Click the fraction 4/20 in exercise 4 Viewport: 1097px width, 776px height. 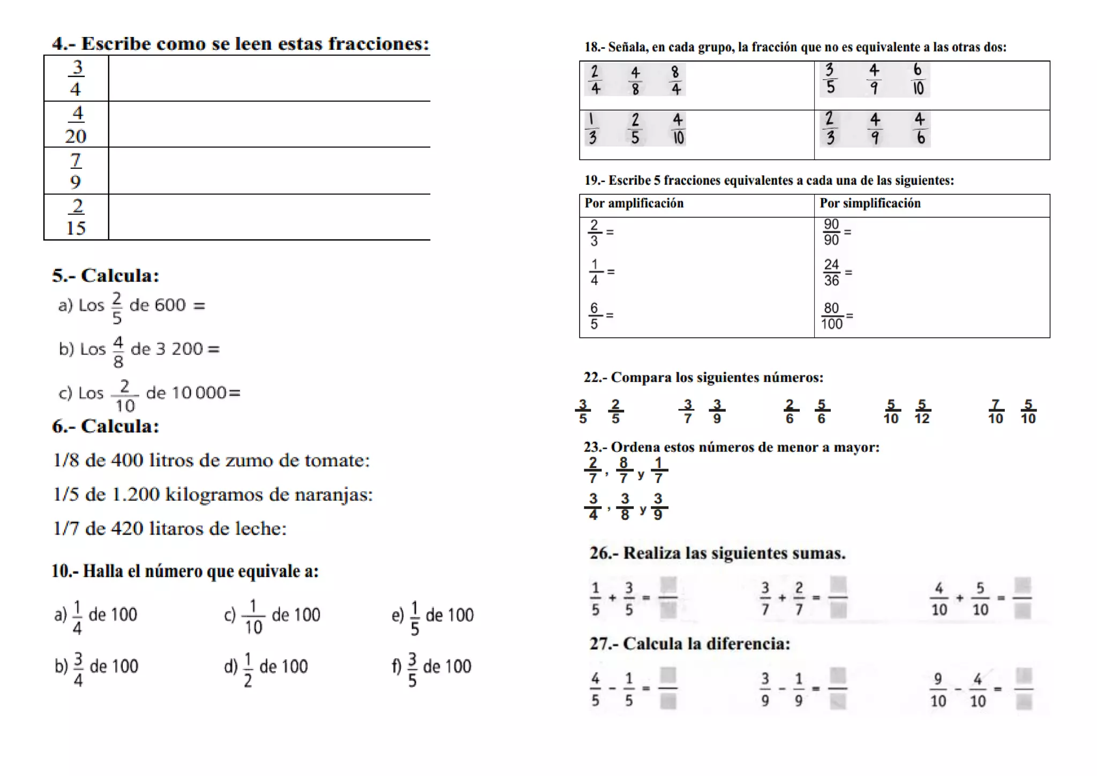coord(76,124)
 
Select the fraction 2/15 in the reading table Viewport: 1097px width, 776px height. coord(76,217)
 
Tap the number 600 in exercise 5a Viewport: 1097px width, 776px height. coord(170,305)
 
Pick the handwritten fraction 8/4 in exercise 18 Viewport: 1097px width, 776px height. coord(675,80)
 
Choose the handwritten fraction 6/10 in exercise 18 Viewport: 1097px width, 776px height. coord(918,79)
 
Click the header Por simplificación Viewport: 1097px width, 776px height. coord(870,204)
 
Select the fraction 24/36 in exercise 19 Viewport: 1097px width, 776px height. coord(831,273)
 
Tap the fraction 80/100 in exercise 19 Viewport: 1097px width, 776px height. coord(831,316)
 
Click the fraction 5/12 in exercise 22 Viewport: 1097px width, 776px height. coord(922,412)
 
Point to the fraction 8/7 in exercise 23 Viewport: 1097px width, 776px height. coord(623,470)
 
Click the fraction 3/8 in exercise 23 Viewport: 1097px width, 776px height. coord(625,507)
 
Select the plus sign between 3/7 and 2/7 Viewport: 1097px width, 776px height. coord(782,598)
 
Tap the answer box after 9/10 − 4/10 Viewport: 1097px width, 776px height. coord(1023,689)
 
